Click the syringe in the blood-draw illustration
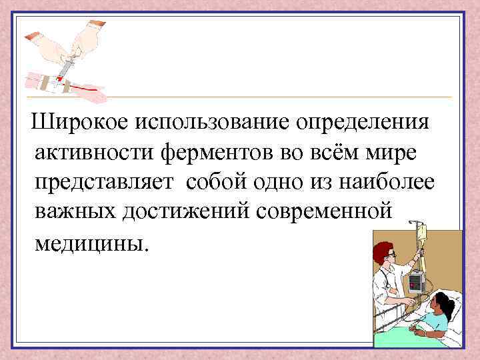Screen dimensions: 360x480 [x=66, y=65]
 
